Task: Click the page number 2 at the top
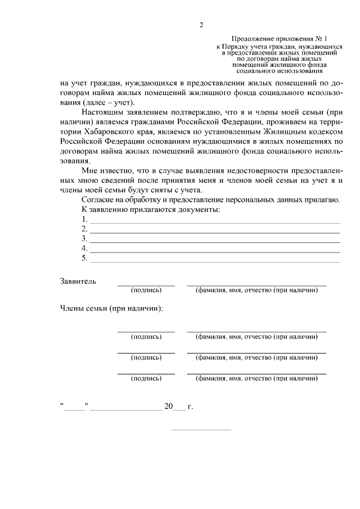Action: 201,24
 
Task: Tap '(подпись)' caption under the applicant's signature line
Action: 146,290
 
